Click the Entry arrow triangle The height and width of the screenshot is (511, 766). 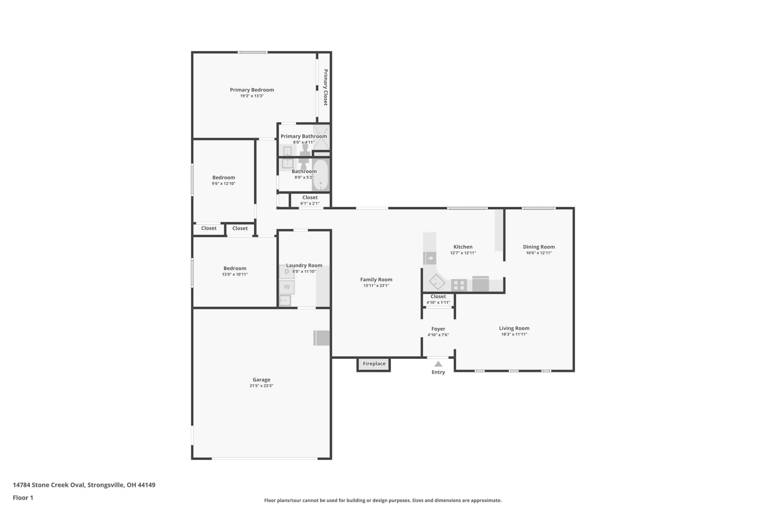(x=438, y=364)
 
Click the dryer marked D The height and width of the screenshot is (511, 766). (x=287, y=272)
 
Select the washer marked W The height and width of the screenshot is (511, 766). (x=287, y=287)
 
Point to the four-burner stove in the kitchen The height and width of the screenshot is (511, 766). (x=459, y=285)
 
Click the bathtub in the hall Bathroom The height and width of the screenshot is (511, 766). (x=320, y=175)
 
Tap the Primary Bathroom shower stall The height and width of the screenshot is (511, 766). (x=321, y=137)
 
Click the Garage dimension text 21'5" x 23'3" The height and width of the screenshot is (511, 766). (x=261, y=386)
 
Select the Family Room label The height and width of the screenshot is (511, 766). (x=376, y=279)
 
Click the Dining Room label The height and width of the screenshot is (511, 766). (x=539, y=247)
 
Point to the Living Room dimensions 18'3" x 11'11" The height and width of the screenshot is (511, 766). (x=514, y=334)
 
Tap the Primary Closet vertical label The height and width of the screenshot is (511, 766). (x=325, y=87)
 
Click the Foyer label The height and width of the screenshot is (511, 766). (x=438, y=329)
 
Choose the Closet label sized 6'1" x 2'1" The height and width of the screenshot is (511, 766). (x=310, y=197)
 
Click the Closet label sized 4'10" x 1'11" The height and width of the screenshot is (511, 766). (x=438, y=296)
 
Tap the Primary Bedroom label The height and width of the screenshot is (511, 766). (x=252, y=90)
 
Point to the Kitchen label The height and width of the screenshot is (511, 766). (x=463, y=247)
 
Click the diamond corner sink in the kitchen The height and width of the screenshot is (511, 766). (x=437, y=282)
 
